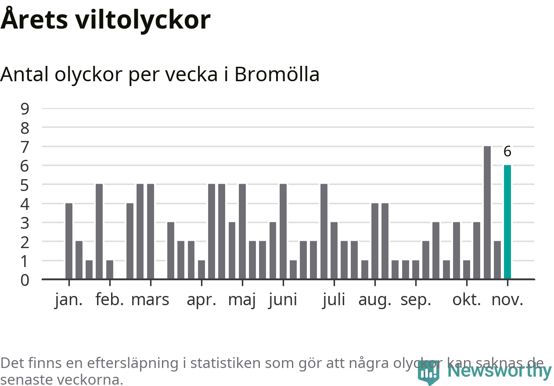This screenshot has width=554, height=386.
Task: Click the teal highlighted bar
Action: (x=507, y=222)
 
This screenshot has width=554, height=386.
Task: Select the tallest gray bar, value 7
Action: (x=487, y=212)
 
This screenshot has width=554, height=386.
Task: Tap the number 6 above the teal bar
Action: (x=507, y=152)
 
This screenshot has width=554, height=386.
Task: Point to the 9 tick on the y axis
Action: (x=25, y=108)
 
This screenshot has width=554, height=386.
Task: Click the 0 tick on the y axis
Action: (x=25, y=280)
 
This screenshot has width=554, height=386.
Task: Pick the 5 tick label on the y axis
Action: (x=25, y=185)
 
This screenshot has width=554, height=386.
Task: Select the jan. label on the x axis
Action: (x=69, y=300)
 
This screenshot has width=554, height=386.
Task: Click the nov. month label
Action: (x=507, y=300)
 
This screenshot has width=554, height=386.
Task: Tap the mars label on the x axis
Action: (x=150, y=300)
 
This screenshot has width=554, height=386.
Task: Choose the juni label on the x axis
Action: (x=283, y=300)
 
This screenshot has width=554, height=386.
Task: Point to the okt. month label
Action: (x=467, y=300)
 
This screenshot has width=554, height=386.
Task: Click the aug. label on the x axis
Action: (x=374, y=300)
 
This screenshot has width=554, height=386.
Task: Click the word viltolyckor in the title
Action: (x=143, y=20)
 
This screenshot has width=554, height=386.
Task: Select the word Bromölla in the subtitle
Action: (x=277, y=75)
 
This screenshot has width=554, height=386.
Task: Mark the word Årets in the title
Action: (x=33, y=20)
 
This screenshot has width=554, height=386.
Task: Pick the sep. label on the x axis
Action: (x=415, y=300)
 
